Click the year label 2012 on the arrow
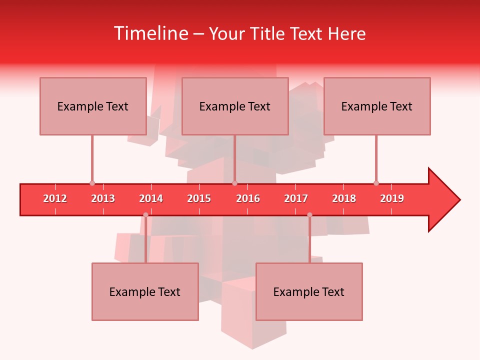pos(55,198)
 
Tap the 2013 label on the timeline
pos(103,198)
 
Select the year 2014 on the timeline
pos(151,198)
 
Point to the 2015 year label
pos(199,198)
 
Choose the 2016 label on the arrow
pos(248,198)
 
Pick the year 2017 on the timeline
pos(296,198)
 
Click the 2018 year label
pos(344,198)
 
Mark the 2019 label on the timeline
pos(392,198)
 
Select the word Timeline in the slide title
pos(149,33)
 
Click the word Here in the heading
pos(346,33)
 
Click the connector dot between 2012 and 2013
pos(92,183)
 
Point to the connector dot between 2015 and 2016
pos(234,183)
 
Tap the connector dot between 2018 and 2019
pos(376,183)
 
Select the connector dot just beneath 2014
pos(145,215)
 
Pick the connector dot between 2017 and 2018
pos(309,215)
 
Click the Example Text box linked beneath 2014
pos(145,291)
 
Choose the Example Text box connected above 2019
pos(377,106)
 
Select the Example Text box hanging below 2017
pos(309,291)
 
